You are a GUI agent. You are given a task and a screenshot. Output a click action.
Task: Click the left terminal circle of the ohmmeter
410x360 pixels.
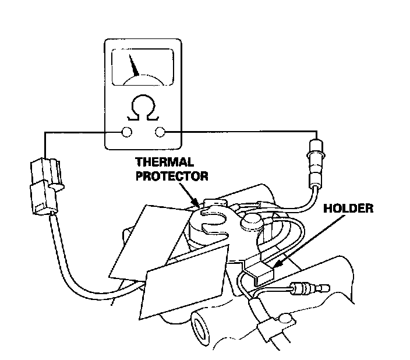point(125,133)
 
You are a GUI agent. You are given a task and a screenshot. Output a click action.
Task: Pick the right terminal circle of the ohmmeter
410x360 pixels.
point(160,133)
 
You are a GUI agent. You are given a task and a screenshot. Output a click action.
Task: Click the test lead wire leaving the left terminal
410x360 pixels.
point(70,133)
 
